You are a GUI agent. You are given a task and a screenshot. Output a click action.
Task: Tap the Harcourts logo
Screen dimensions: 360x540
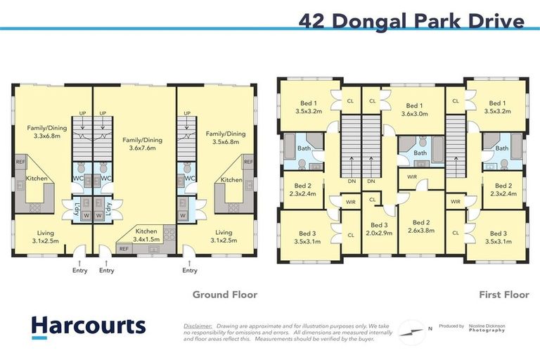[x=89, y=326]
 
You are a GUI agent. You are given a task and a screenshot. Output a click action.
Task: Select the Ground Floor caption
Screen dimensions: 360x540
[x=225, y=295]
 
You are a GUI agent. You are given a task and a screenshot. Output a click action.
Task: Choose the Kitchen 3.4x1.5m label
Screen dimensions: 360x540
[x=146, y=236]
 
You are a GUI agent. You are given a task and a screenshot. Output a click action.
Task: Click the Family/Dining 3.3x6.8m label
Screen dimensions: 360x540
[x=47, y=132]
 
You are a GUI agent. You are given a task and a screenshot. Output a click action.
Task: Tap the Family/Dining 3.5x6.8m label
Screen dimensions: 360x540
[x=226, y=138]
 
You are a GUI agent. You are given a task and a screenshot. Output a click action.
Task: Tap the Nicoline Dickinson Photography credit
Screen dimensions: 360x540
[x=484, y=328]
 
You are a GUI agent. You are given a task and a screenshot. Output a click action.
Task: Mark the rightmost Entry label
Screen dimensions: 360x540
[x=190, y=270]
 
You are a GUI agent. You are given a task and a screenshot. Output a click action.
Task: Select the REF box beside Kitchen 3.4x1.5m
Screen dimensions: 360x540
[x=124, y=248]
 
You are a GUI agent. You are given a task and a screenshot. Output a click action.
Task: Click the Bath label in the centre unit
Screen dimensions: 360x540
[x=420, y=153]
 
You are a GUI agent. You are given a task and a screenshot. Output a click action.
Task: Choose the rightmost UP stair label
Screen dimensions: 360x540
[x=186, y=112]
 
